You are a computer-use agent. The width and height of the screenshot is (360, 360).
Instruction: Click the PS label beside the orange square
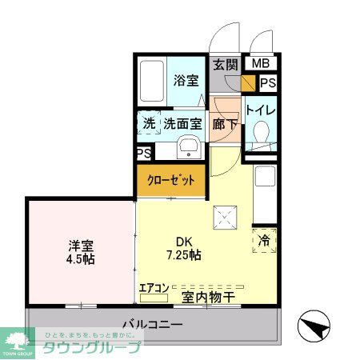268,82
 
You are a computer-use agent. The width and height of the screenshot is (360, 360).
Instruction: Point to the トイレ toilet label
260,110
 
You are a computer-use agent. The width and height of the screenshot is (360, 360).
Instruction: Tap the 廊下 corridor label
224,124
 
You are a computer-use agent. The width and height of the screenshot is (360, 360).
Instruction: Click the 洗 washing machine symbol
150,124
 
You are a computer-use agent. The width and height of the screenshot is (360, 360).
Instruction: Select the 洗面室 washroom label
182,124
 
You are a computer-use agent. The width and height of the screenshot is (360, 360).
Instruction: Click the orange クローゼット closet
171,180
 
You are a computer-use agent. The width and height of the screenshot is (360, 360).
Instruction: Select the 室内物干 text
208,297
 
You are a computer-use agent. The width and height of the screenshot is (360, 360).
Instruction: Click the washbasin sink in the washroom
188,147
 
